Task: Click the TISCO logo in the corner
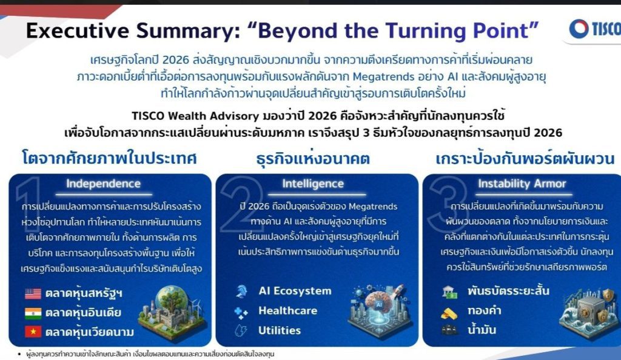point(595,29)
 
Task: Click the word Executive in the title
point(78,30)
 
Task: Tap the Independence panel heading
point(103,184)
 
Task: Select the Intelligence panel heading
point(313,184)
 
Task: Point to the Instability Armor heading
point(522,184)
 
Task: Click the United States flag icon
point(33,293)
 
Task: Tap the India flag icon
point(33,313)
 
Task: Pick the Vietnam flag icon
point(33,332)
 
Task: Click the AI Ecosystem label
point(295,291)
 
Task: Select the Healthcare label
point(288,310)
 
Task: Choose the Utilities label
point(280,330)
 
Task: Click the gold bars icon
point(449,313)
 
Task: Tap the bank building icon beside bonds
point(449,292)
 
